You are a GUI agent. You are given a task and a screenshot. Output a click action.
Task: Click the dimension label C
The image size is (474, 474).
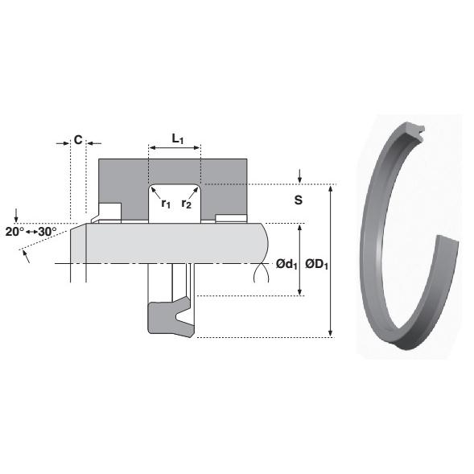tap(78, 139)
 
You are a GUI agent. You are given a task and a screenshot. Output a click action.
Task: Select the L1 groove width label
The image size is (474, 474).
tap(178, 139)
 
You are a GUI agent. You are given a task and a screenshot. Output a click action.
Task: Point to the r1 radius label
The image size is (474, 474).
tap(166, 204)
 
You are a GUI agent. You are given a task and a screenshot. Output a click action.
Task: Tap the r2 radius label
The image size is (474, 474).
tap(186, 204)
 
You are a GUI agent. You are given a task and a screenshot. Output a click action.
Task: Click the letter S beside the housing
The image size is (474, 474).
tap(298, 199)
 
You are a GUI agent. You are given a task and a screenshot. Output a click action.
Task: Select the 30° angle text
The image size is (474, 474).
tap(47, 231)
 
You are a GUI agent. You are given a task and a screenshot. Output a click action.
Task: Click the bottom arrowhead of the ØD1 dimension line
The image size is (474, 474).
tap(330, 333)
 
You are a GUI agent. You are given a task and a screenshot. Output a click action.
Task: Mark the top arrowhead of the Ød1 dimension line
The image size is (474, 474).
tap(300, 229)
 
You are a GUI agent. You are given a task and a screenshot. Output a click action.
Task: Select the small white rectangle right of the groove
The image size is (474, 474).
tap(230, 217)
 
